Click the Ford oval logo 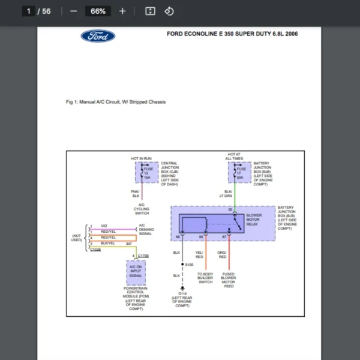[x=98, y=36]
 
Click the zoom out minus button [x=73, y=11]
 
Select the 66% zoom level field [x=98, y=11]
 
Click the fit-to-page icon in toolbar [x=151, y=11]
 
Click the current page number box [x=28, y=11]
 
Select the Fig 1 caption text [x=115, y=102]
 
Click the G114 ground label [x=182, y=293]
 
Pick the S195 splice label [x=189, y=265]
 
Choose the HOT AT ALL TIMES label [x=234, y=157]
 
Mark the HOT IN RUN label [x=141, y=158]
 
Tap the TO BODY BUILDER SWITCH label [x=205, y=278]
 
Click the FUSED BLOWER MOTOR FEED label [x=228, y=280]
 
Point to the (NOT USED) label [x=76, y=238]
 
